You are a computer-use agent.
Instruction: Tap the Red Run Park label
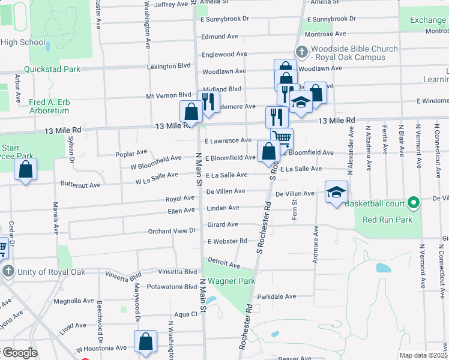387,220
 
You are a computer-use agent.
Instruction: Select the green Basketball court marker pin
413,203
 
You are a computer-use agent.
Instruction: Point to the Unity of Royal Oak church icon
8,272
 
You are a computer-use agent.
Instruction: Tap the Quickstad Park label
52,69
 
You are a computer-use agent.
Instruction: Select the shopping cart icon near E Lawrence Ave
282,139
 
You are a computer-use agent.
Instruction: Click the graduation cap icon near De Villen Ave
337,192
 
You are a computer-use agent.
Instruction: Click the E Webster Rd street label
228,241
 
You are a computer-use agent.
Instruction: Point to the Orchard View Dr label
172,230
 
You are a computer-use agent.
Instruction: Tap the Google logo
20,353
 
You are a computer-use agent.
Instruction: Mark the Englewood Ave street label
224,54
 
